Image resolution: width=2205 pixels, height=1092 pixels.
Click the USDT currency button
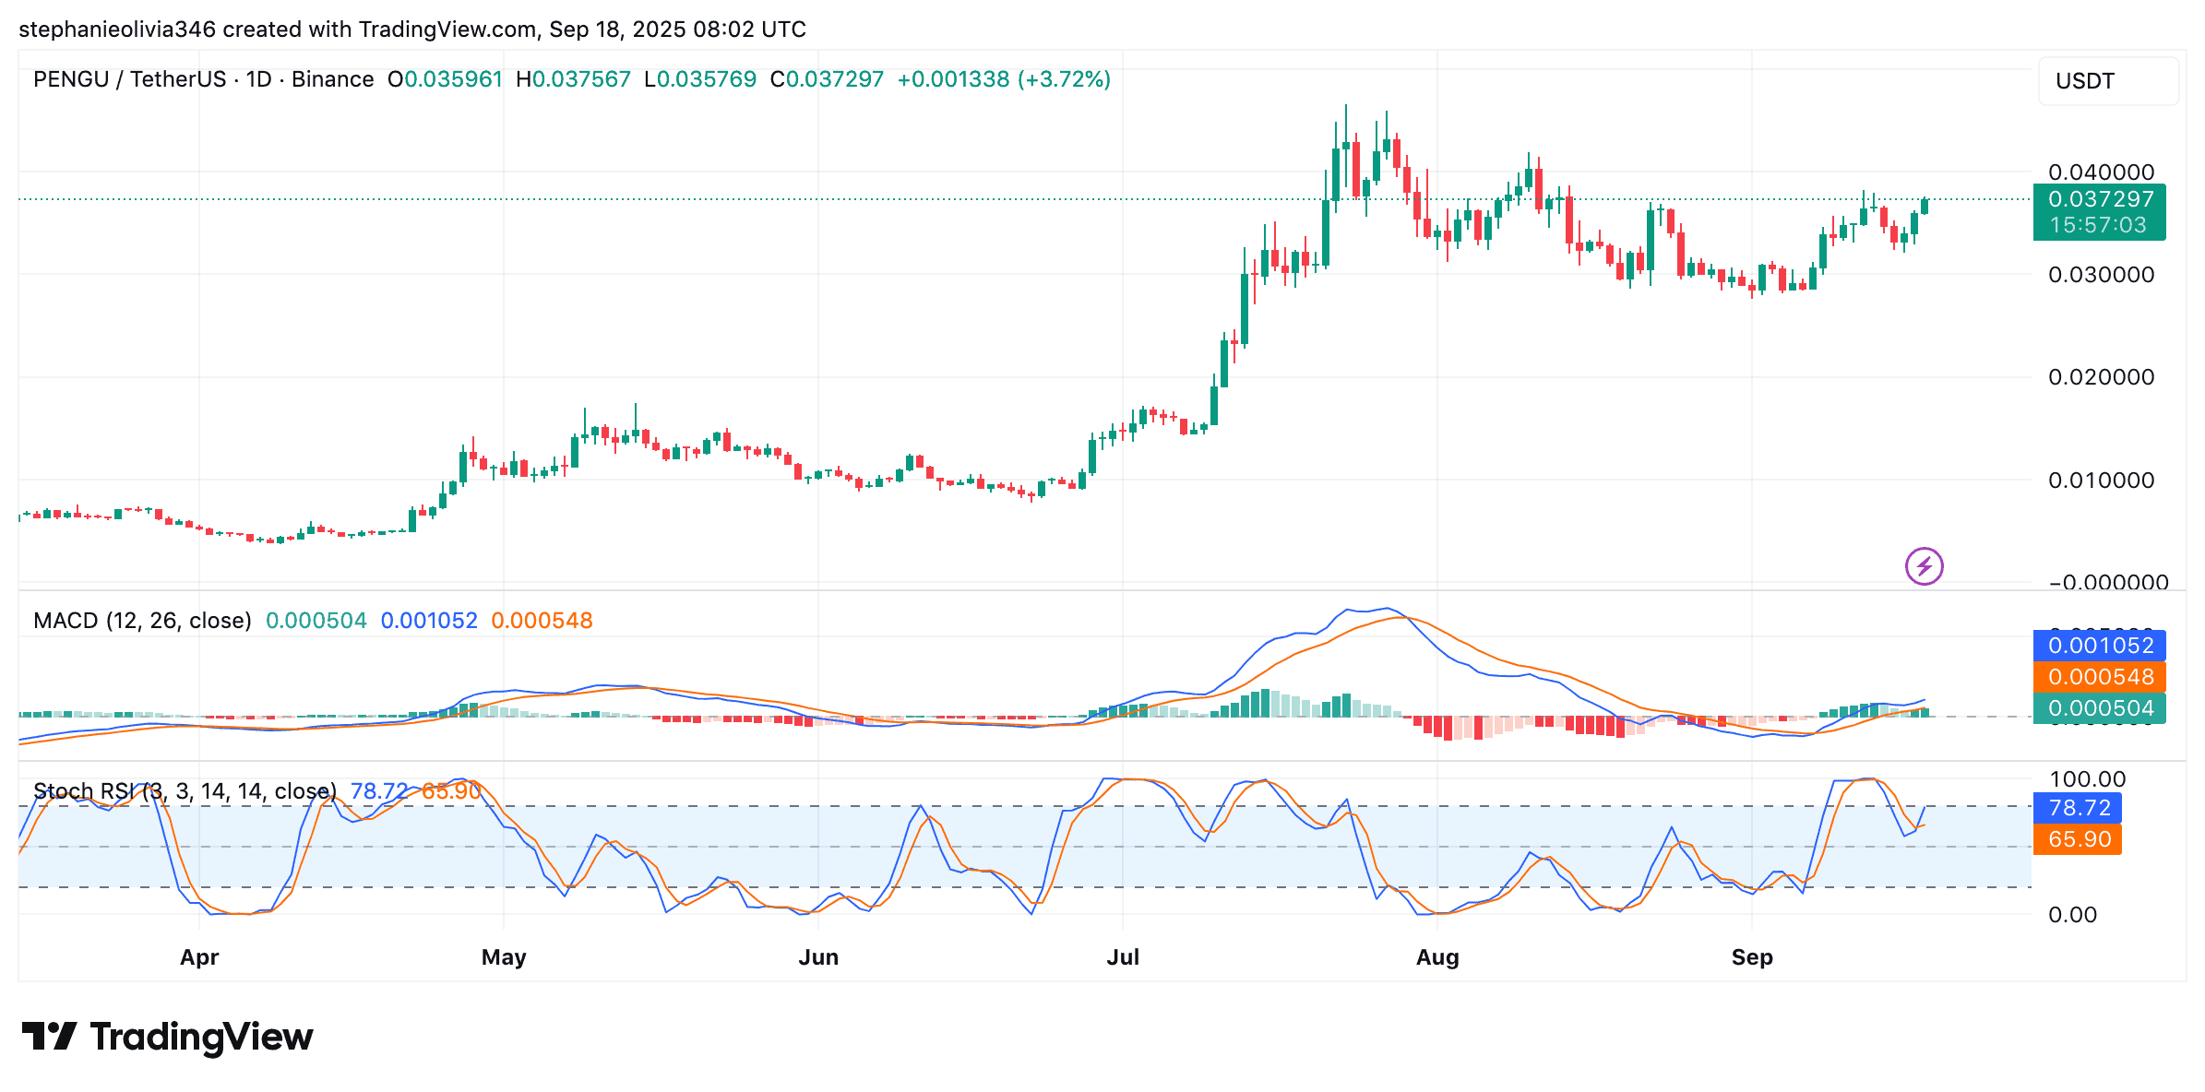(2107, 81)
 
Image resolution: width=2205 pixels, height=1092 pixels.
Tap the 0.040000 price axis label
(2101, 172)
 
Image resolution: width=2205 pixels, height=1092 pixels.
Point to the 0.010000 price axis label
(2101, 481)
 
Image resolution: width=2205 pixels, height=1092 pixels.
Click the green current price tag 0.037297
(2100, 199)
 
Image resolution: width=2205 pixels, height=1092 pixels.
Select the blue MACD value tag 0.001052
(2100, 646)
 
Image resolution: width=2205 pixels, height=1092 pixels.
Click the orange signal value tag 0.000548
(2100, 677)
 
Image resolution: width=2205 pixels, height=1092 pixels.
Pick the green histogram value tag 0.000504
(2100, 708)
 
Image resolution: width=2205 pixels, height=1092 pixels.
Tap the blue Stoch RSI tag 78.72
(2079, 808)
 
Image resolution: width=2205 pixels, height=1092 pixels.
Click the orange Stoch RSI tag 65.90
(2079, 839)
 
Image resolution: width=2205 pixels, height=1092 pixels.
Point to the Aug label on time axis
(1437, 957)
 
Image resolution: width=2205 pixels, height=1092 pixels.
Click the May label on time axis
(504, 957)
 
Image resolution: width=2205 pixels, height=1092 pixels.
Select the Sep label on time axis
(1752, 957)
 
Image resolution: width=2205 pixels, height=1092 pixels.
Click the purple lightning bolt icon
(1925, 566)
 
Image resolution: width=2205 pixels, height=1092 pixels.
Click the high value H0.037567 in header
(573, 79)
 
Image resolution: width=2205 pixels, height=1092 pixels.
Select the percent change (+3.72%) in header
(1064, 79)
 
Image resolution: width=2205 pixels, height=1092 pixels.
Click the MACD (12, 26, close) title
(142, 621)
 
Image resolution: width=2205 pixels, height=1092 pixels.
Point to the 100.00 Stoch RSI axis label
(2087, 779)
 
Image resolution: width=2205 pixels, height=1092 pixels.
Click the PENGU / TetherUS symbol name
(129, 79)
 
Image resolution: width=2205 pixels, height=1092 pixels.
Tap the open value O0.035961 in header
(445, 79)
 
